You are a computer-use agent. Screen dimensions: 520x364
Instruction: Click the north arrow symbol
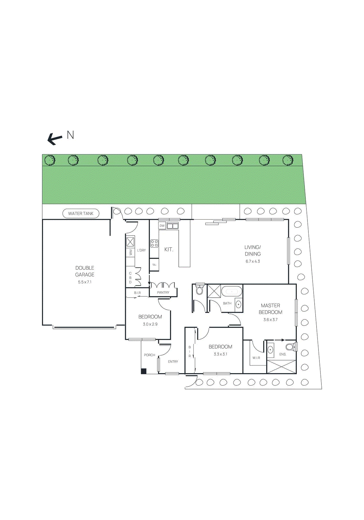pyautogui.click(x=55, y=139)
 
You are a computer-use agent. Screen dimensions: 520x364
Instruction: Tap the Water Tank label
pyautogui.click(x=81, y=214)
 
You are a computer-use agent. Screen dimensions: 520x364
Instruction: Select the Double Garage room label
pyautogui.click(x=84, y=271)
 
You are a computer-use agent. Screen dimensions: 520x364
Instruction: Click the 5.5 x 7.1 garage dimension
pyautogui.click(x=84, y=282)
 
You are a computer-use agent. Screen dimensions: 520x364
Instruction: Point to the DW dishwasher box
pyautogui.click(x=162, y=226)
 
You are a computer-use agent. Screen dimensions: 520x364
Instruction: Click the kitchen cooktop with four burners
pyautogui.click(x=154, y=243)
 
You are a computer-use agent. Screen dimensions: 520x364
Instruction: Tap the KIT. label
pyautogui.click(x=169, y=249)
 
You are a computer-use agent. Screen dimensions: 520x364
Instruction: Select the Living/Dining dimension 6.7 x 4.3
pyautogui.click(x=253, y=261)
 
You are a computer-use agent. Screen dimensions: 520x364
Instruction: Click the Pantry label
pyautogui.click(x=163, y=292)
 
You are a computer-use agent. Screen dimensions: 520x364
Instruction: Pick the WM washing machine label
pyautogui.click(x=131, y=252)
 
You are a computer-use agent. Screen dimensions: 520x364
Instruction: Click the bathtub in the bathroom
pyautogui.click(x=232, y=291)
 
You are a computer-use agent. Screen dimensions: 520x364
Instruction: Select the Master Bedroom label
pyautogui.click(x=270, y=309)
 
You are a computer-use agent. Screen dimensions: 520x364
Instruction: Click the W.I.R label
pyautogui.click(x=256, y=358)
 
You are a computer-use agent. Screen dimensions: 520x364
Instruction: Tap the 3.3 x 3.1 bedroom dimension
pyautogui.click(x=220, y=354)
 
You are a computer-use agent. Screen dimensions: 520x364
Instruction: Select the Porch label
pyautogui.click(x=149, y=355)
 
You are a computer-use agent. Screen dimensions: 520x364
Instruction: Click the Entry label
pyautogui.click(x=173, y=361)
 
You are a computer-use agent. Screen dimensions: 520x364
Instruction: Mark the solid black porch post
pyautogui.click(x=144, y=371)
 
